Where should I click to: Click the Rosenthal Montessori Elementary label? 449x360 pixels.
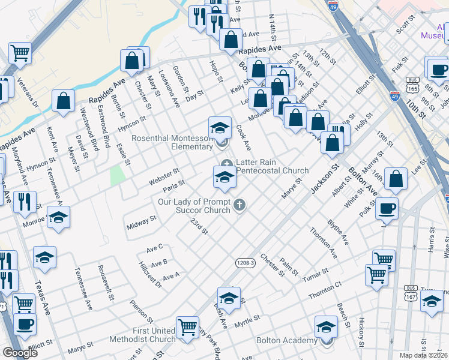[x=172, y=142]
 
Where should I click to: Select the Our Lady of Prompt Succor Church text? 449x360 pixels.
[x=194, y=206]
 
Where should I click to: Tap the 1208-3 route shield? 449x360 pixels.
[x=245, y=263]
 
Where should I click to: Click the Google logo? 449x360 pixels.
[x=20, y=353]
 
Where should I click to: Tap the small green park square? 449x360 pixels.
[x=118, y=175]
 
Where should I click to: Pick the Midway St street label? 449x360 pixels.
[x=142, y=225]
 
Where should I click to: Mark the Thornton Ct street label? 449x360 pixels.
[x=325, y=292]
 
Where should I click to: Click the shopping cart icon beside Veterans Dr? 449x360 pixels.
[x=20, y=53]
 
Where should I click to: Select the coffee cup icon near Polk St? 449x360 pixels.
[x=387, y=208]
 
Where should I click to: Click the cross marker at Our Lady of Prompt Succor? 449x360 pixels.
[x=239, y=206]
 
